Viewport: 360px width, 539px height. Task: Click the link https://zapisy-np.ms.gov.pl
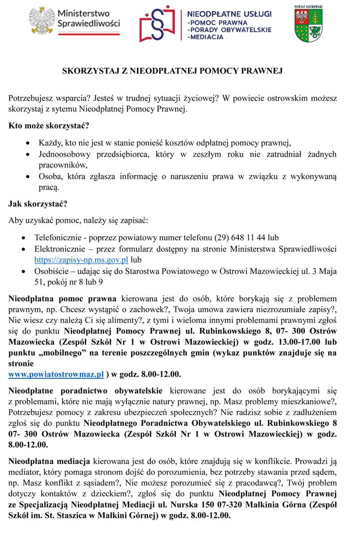click(81, 260)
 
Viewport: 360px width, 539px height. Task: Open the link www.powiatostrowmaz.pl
click(56, 374)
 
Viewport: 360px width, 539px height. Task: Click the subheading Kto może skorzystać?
click(44, 125)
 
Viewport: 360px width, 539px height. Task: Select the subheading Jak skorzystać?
click(38, 203)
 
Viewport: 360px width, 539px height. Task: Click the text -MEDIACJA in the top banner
click(205, 37)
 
